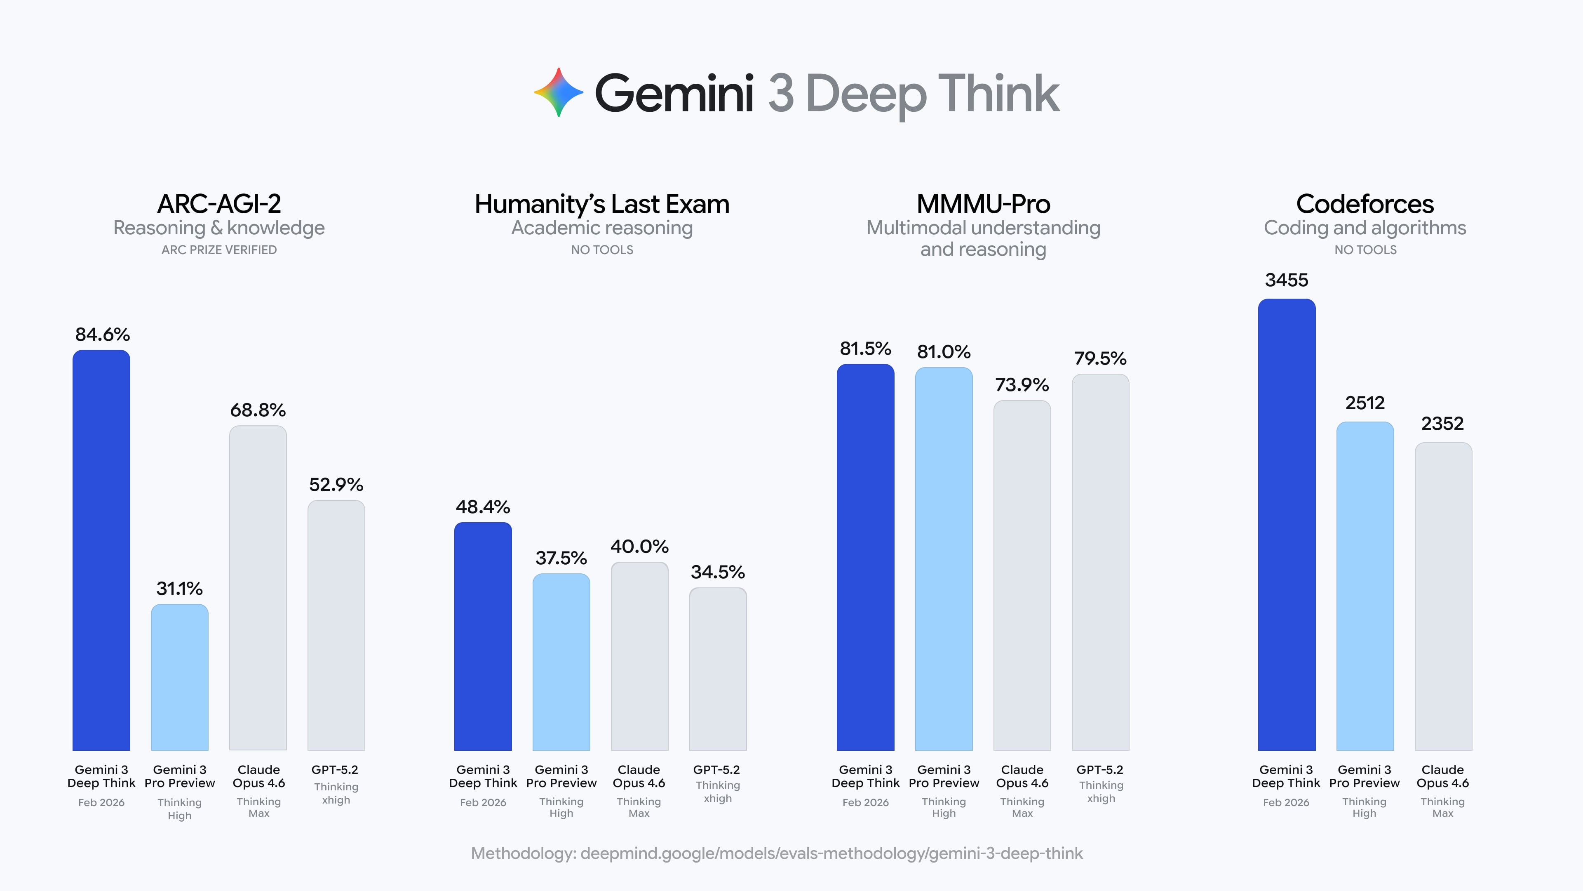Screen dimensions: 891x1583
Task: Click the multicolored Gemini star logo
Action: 558,92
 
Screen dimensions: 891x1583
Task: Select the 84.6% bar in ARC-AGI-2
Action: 101,550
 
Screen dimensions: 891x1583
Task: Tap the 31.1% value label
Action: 179,589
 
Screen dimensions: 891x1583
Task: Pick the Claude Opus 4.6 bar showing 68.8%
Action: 258,587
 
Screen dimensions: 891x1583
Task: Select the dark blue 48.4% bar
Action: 483,636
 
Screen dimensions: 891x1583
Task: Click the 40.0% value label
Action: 639,546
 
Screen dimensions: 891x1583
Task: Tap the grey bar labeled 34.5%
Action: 718,669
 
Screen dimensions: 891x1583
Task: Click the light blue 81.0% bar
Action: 944,559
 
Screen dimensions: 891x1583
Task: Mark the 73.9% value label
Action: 1022,385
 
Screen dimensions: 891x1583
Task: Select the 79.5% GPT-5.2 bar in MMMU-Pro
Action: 1101,561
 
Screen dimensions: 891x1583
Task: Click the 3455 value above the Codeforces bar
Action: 1286,280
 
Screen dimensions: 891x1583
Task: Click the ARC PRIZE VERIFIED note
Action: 219,250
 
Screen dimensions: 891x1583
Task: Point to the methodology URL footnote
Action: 777,853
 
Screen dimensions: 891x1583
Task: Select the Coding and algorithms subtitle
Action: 1365,228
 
